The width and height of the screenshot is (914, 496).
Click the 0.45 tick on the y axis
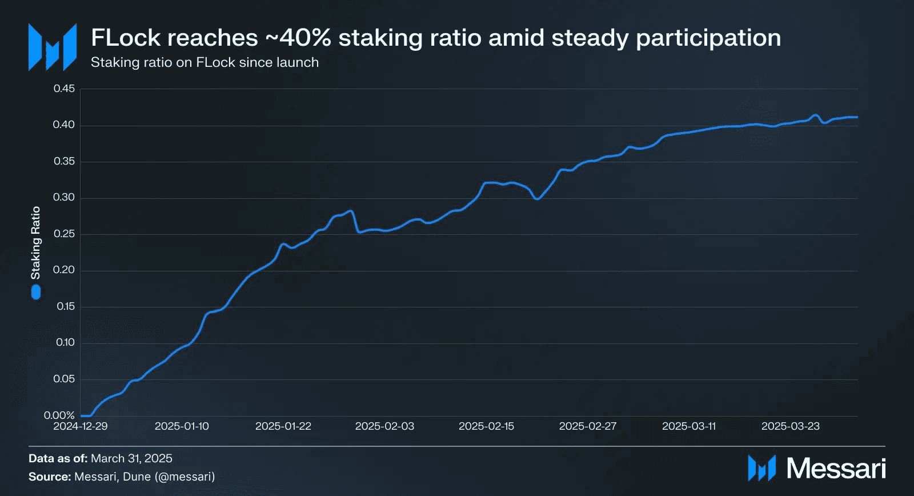tap(64, 89)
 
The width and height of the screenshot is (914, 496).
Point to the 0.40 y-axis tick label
tap(64, 125)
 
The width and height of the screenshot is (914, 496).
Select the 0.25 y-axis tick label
tap(64, 234)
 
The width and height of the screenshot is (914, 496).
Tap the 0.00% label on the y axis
tap(59, 415)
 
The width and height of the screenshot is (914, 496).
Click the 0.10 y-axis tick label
tap(65, 342)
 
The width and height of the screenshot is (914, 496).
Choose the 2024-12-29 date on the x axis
tap(81, 426)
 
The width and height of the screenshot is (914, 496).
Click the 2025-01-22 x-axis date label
tap(283, 426)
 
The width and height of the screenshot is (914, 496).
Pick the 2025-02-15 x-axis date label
tap(486, 426)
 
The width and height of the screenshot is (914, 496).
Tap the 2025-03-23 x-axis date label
tap(791, 426)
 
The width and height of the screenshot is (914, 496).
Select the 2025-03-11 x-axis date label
tap(689, 426)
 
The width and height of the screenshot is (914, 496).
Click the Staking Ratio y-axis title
tap(36, 243)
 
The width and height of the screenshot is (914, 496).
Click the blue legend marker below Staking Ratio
tap(36, 293)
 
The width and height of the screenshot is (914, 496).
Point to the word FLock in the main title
tap(126, 38)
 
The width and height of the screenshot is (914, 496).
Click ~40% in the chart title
tap(298, 38)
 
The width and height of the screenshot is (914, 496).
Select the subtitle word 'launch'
tap(297, 62)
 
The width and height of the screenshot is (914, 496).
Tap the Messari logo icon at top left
tap(53, 47)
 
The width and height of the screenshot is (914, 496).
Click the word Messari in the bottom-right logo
tap(836, 469)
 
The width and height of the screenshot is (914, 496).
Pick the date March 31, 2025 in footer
tap(131, 458)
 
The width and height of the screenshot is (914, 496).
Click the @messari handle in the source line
tap(185, 477)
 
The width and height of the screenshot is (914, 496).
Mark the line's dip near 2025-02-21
tap(537, 198)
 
